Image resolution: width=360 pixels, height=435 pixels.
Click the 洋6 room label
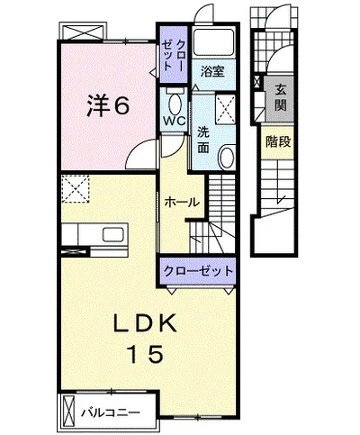108,105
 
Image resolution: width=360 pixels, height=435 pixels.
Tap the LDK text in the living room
145,324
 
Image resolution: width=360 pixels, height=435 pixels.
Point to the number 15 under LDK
145,353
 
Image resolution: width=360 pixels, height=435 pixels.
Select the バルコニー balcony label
111,412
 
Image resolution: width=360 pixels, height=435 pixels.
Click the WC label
174,121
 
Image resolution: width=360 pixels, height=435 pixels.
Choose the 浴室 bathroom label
212,71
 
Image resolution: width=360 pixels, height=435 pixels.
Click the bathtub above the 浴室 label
213,42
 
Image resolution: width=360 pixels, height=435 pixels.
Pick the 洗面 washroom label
203,140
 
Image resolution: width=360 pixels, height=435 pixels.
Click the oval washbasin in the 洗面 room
228,157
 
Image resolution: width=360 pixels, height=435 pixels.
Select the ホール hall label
182,202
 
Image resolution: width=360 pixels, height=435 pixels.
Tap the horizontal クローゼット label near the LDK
198,271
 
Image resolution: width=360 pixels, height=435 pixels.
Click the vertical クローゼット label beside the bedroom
173,55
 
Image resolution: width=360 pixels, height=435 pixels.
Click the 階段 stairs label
278,141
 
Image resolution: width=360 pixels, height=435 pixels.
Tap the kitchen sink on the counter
113,234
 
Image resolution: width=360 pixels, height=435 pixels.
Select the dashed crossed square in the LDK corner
76,189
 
